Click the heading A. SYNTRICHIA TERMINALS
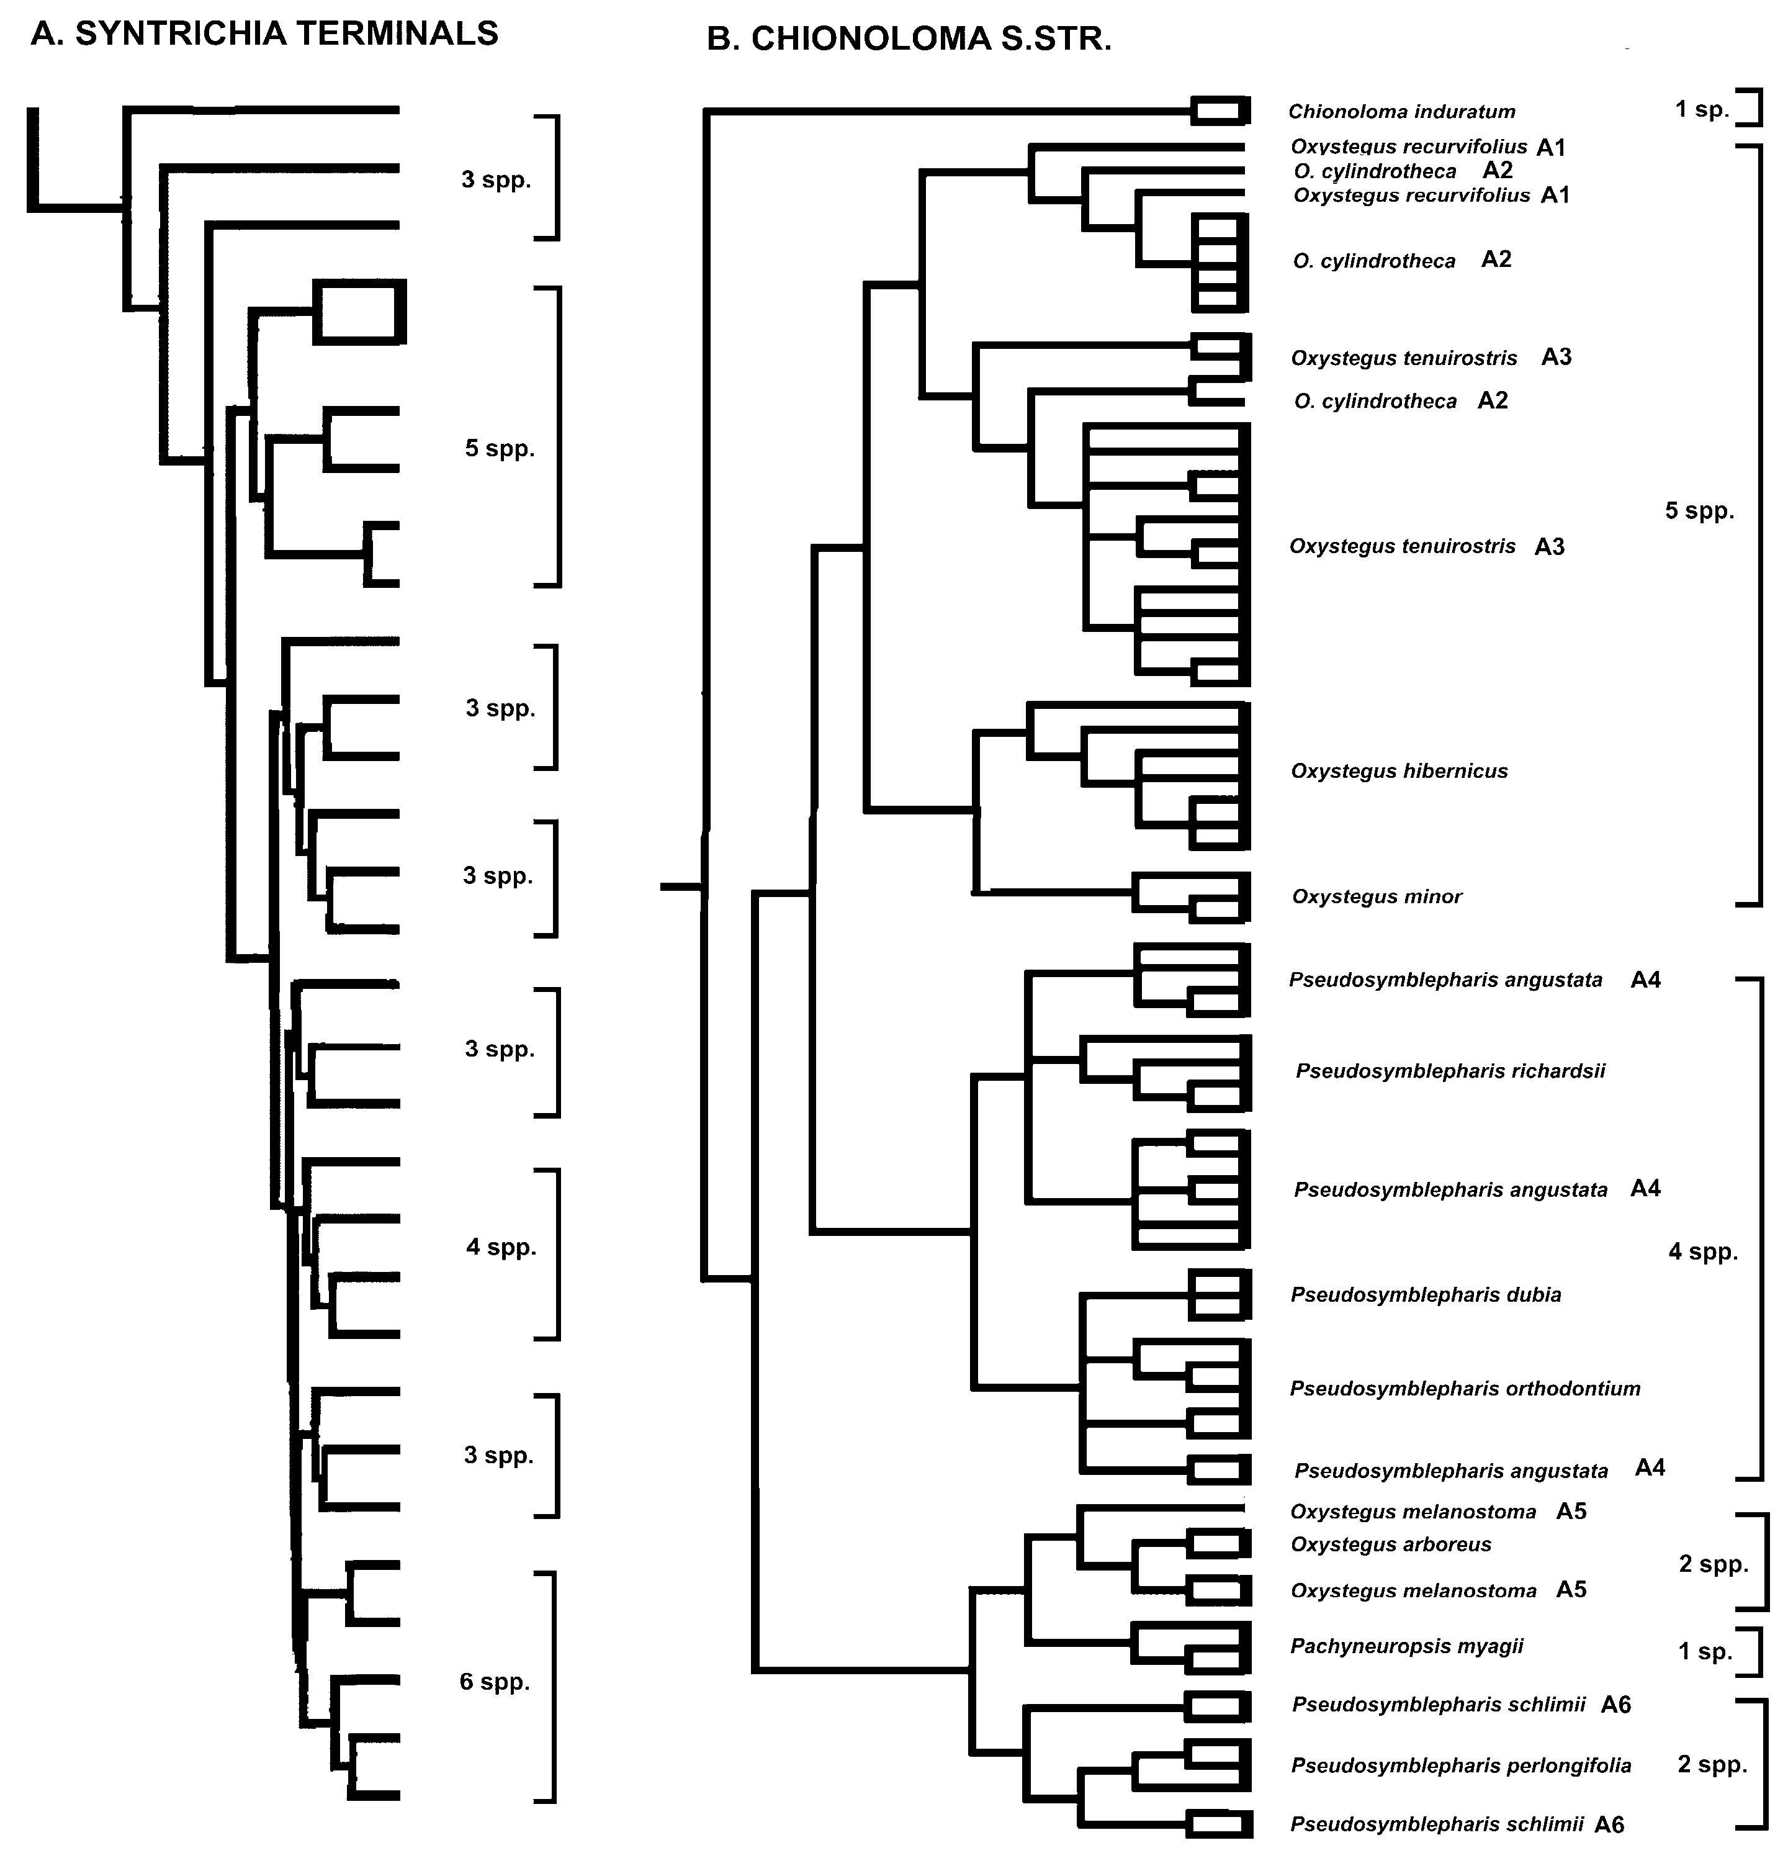click(264, 34)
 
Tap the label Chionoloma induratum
click(1401, 112)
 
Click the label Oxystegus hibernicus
click(1399, 772)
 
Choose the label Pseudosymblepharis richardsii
click(1450, 1071)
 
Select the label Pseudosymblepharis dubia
click(1425, 1295)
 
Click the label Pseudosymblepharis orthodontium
click(1464, 1389)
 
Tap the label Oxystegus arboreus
click(1390, 1545)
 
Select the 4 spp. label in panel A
click(501, 1247)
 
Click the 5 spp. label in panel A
click(499, 448)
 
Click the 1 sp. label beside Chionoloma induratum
click(1702, 110)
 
